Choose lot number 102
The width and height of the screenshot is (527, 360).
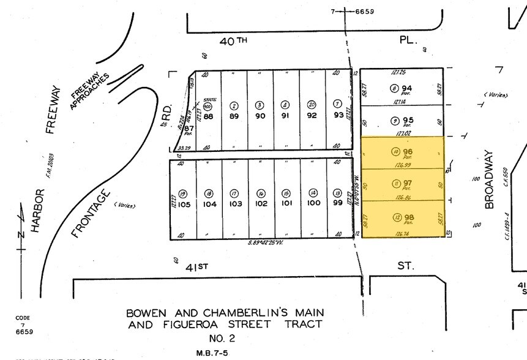261,203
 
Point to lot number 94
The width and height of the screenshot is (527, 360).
406,88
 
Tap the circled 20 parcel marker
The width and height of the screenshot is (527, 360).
312,104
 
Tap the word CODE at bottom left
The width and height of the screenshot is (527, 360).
23,318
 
